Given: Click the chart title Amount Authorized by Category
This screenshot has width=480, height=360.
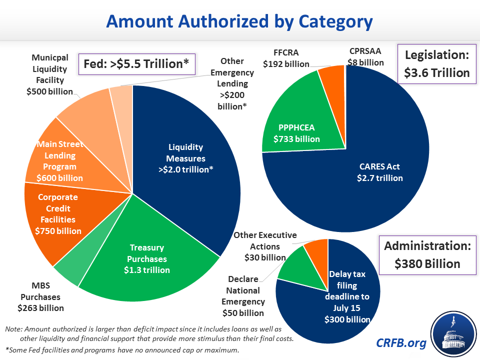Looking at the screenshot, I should (239, 22).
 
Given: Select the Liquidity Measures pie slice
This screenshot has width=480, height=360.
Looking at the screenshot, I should (185, 158).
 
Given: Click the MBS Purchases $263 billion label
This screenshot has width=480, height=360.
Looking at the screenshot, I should (40, 297).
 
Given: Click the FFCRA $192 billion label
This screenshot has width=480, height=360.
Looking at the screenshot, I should (286, 58).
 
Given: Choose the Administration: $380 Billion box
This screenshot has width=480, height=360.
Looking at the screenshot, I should (427, 254).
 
